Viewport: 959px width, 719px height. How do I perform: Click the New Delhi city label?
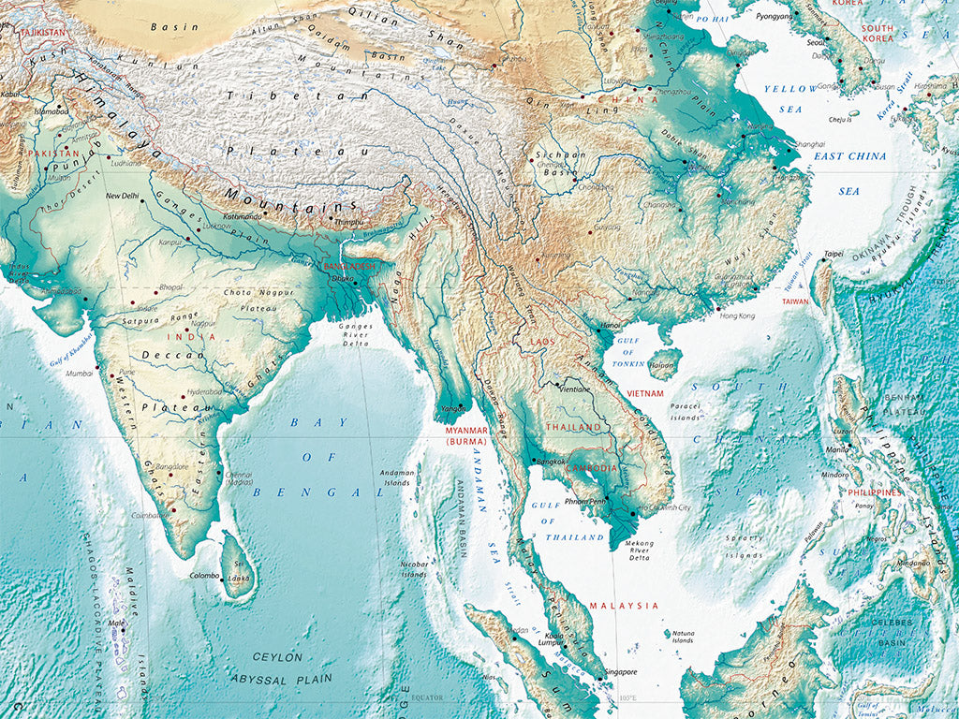point(123,196)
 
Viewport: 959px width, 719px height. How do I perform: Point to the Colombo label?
point(204,575)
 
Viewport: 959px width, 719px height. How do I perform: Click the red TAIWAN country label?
point(795,301)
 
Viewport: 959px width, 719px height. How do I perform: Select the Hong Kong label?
point(737,316)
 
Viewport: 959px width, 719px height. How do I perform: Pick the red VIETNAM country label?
point(645,394)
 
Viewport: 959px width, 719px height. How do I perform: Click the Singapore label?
point(620,671)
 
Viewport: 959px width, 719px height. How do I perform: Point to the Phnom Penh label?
point(583,501)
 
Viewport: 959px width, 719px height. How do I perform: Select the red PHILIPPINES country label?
point(875,492)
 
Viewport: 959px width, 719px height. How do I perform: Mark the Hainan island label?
point(662,365)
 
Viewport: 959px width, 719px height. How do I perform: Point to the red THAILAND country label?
point(574,427)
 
